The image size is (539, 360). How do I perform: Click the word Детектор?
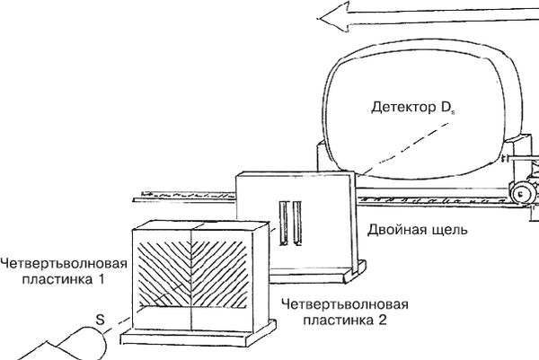tap(402, 109)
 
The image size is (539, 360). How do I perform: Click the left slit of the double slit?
tap(283, 223)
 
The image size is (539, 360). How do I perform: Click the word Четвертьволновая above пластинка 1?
tap(63, 263)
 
